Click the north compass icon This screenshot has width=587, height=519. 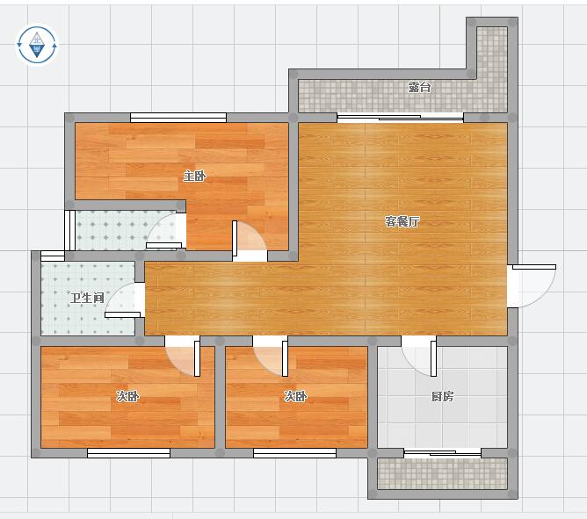point(37,45)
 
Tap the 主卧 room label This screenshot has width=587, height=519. point(194,176)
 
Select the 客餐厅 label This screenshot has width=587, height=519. point(402,221)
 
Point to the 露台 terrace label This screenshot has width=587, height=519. point(419,87)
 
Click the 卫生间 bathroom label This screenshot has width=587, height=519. point(87,298)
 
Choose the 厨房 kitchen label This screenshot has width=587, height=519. point(443,396)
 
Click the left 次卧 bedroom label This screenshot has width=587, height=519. point(127,396)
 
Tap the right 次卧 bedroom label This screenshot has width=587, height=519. point(295,396)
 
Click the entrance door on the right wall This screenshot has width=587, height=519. point(532,286)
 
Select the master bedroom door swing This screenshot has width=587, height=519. point(250,240)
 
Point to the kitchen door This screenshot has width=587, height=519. point(419,357)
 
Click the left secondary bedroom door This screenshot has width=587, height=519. point(183,357)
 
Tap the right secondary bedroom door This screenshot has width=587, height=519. point(271,357)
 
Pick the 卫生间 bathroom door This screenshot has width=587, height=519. point(125,300)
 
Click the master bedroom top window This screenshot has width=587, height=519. point(178,118)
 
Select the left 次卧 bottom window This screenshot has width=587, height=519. point(129,453)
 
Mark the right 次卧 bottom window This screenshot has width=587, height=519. point(295,453)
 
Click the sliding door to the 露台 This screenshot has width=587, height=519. point(400,118)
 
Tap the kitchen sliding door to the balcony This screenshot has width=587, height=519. point(443,453)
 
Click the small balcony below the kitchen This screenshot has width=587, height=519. point(443,473)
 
